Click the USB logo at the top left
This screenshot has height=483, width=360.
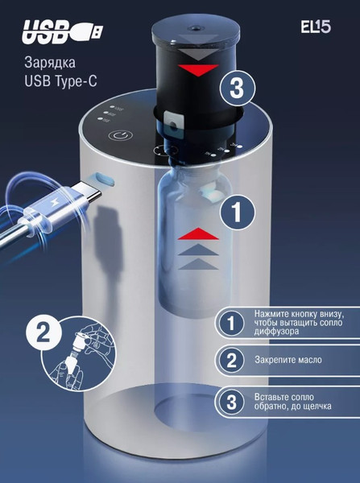point(63,31)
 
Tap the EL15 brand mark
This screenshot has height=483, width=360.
point(316,27)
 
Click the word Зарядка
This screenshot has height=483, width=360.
point(50,63)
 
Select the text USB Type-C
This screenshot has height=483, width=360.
point(60,81)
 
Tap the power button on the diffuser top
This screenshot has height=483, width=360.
point(121,135)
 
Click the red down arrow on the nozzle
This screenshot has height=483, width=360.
point(198,70)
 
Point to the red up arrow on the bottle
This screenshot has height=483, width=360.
point(198,233)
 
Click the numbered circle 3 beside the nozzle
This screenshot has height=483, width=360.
point(238,89)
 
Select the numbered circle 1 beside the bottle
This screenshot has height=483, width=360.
point(238,213)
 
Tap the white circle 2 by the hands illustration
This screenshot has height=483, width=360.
point(43,332)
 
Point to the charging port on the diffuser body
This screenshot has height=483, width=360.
point(105,179)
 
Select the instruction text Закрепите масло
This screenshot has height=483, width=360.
point(288,360)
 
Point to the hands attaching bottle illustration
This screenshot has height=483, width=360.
point(79,355)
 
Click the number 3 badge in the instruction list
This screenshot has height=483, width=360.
point(231,402)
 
